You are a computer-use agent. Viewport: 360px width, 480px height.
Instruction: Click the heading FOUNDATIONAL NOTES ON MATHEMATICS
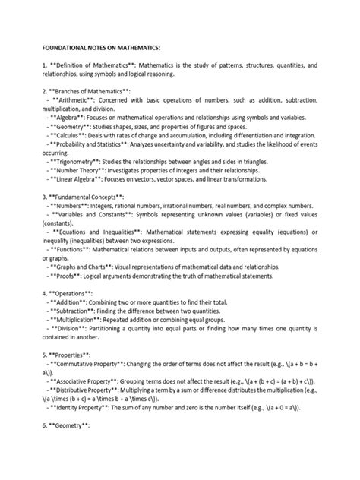tap(90, 46)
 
